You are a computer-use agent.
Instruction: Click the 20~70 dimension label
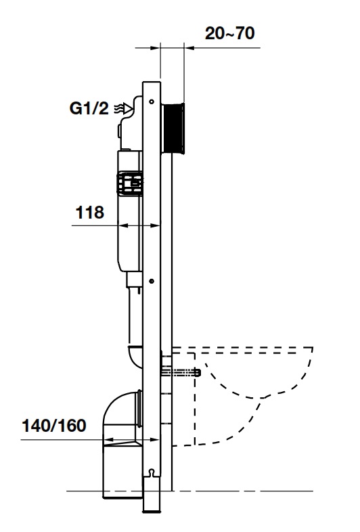coord(230,32)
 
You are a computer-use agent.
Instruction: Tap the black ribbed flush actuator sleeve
coord(174,127)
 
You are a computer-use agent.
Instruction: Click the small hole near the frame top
coord(152,102)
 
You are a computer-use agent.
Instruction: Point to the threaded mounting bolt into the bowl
coord(181,371)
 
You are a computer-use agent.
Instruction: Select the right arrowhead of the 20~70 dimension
coord(189,47)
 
